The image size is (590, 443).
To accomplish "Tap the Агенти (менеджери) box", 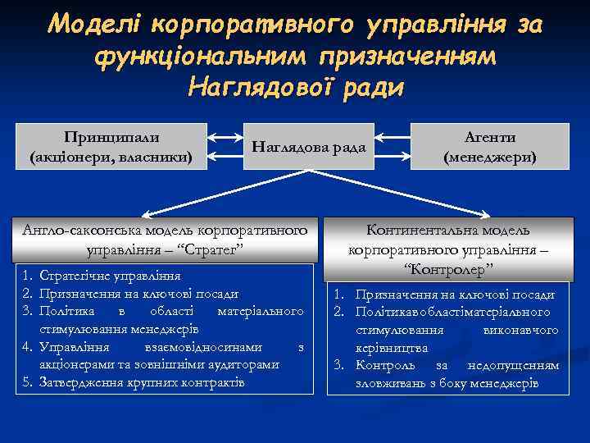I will coord(490,146).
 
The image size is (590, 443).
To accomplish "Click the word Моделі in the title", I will coord(94,25).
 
